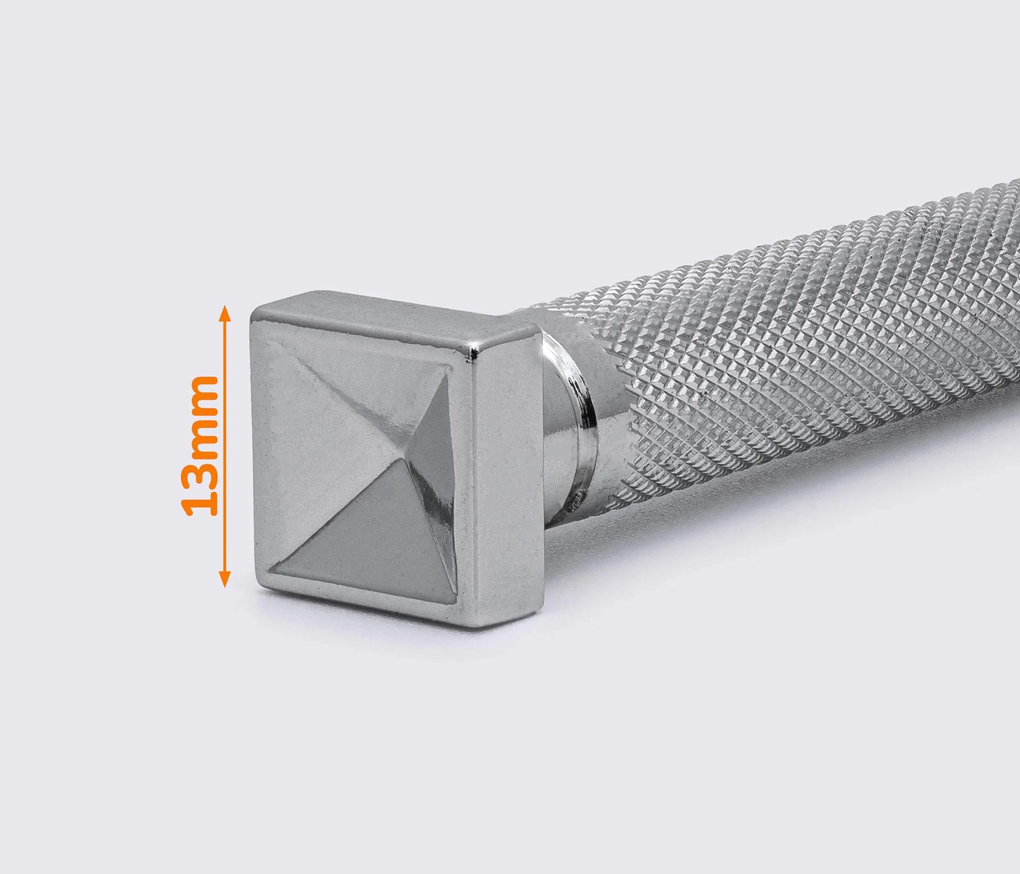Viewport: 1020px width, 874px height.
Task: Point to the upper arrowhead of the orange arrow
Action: click(225, 312)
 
